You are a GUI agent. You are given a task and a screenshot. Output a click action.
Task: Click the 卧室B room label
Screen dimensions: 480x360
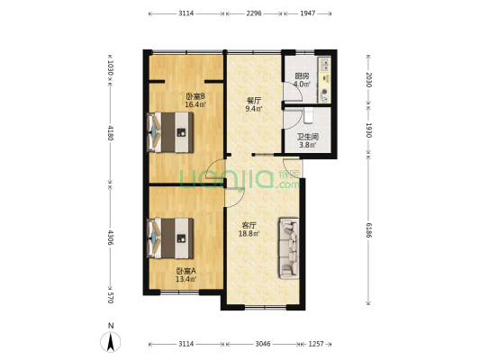(x=195, y=96)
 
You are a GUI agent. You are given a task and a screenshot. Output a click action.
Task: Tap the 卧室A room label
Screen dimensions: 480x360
(x=186, y=271)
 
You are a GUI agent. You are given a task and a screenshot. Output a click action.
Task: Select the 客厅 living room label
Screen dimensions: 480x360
(x=249, y=226)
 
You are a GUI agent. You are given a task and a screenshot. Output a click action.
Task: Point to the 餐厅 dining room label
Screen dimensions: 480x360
(x=254, y=101)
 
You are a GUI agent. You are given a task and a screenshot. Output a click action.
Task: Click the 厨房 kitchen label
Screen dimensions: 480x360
(x=302, y=76)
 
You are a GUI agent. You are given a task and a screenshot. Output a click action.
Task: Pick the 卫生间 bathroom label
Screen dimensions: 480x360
(x=308, y=137)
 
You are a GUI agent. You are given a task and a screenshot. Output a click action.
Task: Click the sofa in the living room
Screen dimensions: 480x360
(x=289, y=248)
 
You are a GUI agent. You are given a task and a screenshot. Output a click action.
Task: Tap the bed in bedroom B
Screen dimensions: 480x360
(x=170, y=132)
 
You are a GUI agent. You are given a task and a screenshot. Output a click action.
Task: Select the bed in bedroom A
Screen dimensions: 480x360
(x=170, y=238)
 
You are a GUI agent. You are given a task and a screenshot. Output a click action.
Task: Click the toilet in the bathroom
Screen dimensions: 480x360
(x=309, y=115)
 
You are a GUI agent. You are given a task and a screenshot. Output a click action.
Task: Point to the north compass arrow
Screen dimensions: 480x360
(x=111, y=341)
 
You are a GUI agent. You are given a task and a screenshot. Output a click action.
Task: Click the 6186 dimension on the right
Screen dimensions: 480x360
(x=368, y=230)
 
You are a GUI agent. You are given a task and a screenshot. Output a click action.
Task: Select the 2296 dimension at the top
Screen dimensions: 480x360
(x=254, y=13)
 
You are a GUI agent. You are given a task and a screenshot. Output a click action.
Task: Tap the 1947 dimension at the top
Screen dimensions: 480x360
(x=308, y=13)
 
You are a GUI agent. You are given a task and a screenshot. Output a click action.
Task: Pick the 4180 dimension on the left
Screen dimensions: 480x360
(x=111, y=132)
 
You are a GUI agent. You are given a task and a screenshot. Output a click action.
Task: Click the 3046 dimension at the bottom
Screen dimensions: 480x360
(x=263, y=344)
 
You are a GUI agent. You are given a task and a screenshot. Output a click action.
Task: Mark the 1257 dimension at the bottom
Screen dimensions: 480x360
(x=316, y=344)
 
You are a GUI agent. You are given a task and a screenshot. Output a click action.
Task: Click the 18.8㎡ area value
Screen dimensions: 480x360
(x=249, y=234)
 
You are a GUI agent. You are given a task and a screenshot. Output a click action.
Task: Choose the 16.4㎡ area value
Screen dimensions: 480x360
(x=195, y=104)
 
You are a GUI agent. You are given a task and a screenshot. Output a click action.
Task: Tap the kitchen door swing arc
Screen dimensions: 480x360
(x=298, y=89)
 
